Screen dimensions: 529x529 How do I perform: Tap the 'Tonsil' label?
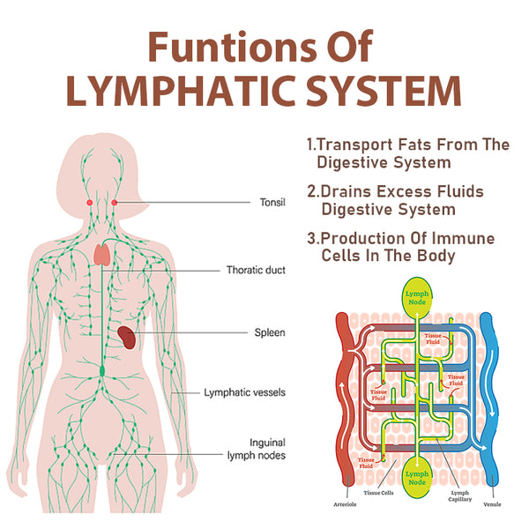pos(272,202)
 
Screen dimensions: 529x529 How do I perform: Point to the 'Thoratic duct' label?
pos(256,270)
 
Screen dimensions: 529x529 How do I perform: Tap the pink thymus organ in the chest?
pos(102,256)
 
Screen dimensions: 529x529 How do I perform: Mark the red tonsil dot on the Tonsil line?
pos(114,203)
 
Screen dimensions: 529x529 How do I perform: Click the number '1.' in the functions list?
pos(310,144)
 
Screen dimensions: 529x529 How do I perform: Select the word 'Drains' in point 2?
pos(347,191)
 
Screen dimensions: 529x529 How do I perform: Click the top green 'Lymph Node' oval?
pos(418,299)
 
